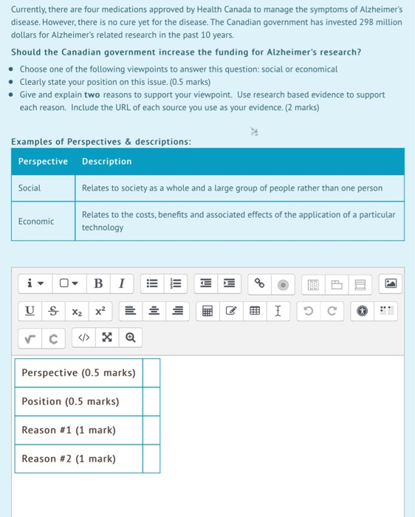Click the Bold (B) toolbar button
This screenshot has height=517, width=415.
[98, 283]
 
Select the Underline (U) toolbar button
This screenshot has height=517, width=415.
[30, 311]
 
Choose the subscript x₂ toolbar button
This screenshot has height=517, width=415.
[77, 311]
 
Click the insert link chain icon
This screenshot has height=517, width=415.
[259, 283]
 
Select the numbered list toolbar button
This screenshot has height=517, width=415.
[176, 283]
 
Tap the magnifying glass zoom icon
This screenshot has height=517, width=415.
[130, 338]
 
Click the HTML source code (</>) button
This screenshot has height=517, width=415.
[83, 338]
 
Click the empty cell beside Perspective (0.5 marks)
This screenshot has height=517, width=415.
[151, 373]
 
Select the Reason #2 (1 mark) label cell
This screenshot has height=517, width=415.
[69, 459]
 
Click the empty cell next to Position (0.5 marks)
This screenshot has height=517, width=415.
[151, 402]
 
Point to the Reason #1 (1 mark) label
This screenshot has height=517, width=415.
[69, 430]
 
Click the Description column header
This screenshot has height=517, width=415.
[107, 162]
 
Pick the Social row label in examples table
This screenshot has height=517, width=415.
[30, 188]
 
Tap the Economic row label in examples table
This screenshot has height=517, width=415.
[36, 222]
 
